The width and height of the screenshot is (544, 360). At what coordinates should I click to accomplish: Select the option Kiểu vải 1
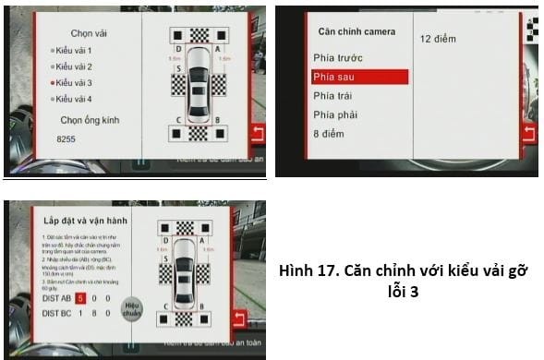click(76, 49)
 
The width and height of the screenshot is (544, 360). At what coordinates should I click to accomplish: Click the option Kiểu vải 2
click(76, 66)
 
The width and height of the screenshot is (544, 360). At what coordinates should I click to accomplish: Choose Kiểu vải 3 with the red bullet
click(76, 82)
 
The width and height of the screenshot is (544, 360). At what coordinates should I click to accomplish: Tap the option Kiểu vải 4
click(76, 99)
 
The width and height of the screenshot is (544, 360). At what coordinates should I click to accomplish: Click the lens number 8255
click(66, 138)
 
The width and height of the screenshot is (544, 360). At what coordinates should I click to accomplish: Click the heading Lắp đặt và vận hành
click(81, 222)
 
